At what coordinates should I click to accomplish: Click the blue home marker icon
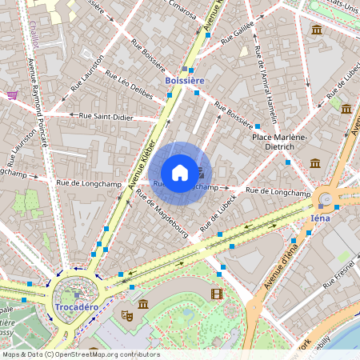pyautogui.click(x=180, y=173)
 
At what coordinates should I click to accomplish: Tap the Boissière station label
pyautogui.click(x=184, y=82)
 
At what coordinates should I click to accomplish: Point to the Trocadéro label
pyautogui.click(x=76, y=307)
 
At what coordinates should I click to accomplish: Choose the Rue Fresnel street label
pyautogui.click(x=338, y=276)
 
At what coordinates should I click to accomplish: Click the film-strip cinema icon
pyautogui.click(x=217, y=294)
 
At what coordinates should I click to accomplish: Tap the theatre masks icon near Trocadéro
pyautogui.click(x=126, y=316)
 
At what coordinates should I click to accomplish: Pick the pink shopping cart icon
pyautogui.click(x=12, y=94)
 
